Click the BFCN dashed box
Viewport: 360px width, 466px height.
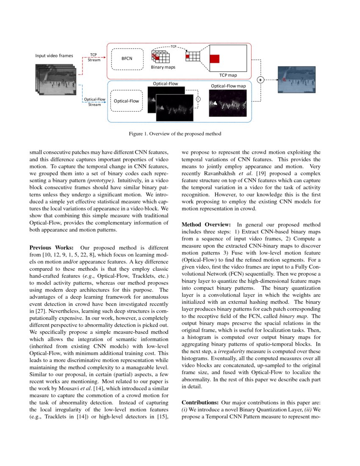coord(127,58)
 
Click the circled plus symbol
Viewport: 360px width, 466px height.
coord(260,79)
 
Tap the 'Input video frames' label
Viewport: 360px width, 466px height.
coord(54,55)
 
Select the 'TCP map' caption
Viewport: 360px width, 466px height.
coord(228,75)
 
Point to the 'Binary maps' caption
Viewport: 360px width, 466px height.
coord(163,67)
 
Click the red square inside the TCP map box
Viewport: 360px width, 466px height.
coord(214,59)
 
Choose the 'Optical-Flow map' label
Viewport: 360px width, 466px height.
coord(228,86)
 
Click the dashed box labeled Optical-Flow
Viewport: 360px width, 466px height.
coord(127,101)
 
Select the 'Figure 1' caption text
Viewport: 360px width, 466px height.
coord(175,134)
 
